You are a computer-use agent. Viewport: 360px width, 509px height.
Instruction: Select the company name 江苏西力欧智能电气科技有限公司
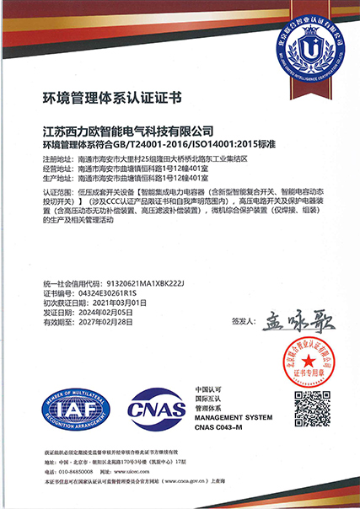(x=128, y=131)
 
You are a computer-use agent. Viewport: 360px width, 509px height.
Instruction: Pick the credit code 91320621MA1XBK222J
(x=134, y=281)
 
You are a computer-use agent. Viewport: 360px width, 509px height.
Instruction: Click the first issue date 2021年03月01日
(x=117, y=302)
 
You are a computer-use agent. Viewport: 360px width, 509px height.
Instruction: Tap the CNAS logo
(x=155, y=413)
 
